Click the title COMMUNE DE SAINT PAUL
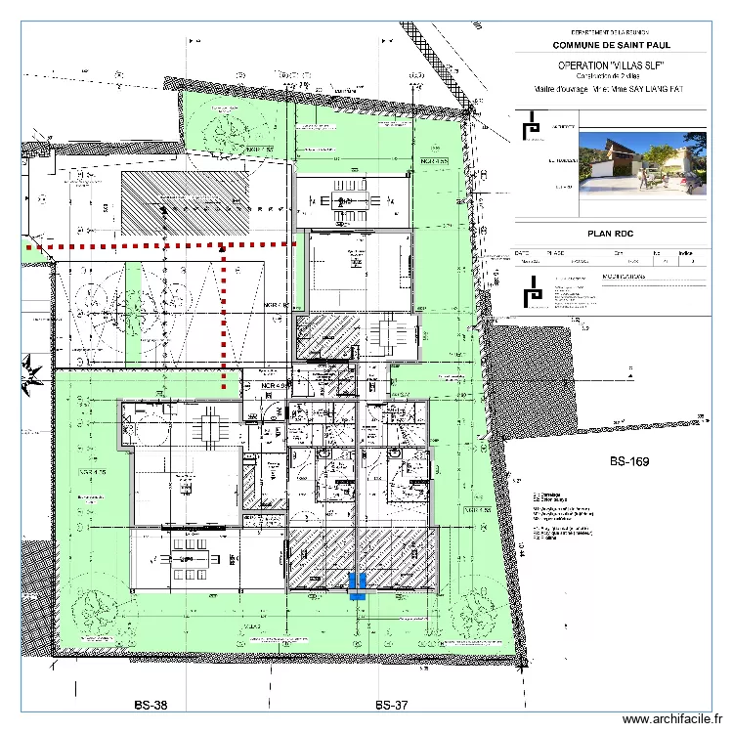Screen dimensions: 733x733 610,45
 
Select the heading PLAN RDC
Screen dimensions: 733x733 610,234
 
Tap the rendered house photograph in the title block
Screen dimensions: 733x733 642,163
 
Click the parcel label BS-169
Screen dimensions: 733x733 629,461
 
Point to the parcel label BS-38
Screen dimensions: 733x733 151,705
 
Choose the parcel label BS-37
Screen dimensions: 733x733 390,705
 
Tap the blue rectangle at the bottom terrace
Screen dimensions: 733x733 357,584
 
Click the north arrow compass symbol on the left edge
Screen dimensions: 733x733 31,371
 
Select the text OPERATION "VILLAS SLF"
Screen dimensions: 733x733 610,65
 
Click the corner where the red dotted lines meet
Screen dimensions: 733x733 224,244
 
